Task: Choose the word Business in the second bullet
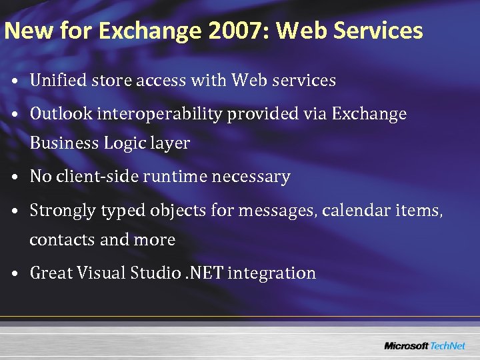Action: [x=64, y=143]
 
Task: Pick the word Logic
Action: [x=126, y=143]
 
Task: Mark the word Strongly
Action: [x=63, y=211]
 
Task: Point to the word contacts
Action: [x=62, y=240]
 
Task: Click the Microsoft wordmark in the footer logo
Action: [x=405, y=345]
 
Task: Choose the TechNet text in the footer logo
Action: [x=447, y=345]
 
